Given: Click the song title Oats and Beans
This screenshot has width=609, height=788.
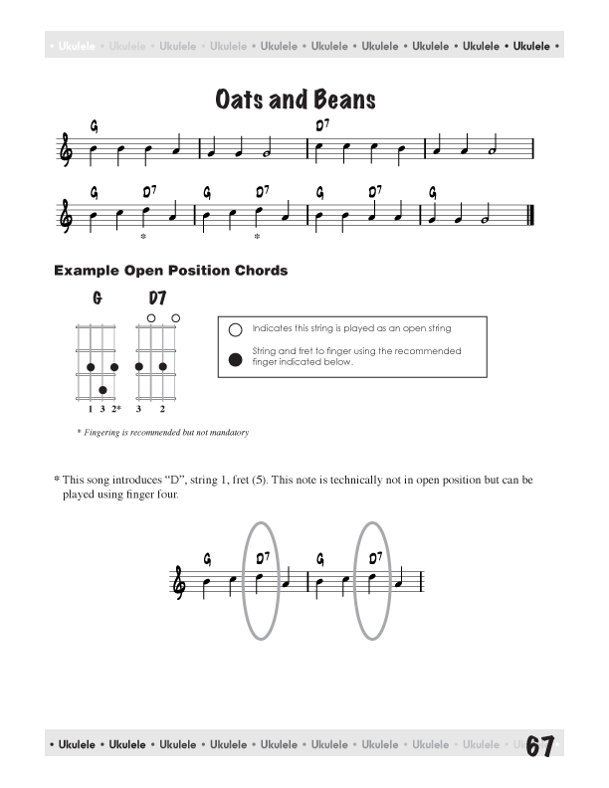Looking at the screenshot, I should coord(296,99).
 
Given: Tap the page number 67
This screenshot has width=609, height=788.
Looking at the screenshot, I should coord(539,747).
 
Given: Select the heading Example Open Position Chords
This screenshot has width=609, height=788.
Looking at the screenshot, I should coord(170,270).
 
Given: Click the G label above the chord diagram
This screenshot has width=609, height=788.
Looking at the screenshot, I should coord(98,298).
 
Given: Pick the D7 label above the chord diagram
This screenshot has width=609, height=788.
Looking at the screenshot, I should coord(157,298).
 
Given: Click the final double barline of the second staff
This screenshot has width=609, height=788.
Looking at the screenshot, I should coord(531,214).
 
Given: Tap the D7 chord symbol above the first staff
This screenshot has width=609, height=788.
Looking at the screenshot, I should coord(322,125).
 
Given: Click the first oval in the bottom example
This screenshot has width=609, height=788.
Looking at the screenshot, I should coord(259,581).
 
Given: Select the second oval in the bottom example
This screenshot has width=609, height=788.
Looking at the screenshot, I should coord(375,581).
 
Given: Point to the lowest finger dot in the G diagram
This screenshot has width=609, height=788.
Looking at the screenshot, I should coord(102,390).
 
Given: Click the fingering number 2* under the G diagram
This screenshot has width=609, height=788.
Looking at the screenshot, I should coord(116,409).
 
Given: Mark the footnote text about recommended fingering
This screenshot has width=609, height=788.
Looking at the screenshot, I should coord(162,433).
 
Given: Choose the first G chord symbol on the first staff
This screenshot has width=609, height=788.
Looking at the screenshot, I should coord(94,126).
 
